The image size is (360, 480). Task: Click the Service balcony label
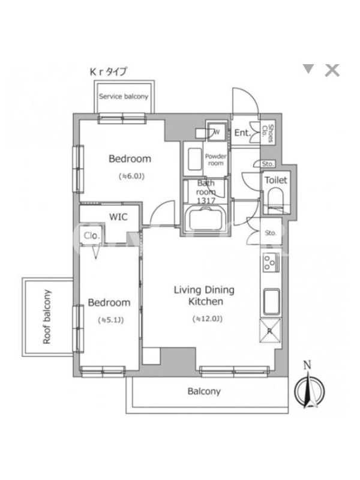124,97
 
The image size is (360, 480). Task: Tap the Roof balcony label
47,317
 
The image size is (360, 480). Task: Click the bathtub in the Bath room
205,220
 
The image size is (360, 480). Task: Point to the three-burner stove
271,262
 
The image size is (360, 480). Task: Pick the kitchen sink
271,302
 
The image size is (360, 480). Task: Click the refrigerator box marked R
271,331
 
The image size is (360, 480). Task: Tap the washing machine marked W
217,132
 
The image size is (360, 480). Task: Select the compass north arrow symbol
309,389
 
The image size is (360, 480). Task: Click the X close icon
332,70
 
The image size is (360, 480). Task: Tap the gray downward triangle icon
308,69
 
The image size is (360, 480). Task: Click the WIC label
118,217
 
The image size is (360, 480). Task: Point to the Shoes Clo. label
267,133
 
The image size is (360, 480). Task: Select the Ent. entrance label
242,133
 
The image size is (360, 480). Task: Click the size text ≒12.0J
207,319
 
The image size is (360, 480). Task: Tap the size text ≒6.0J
131,176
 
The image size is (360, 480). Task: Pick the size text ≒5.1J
110,320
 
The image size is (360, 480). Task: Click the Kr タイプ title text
108,71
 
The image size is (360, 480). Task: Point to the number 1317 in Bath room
206,201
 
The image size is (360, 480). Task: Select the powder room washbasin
194,158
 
